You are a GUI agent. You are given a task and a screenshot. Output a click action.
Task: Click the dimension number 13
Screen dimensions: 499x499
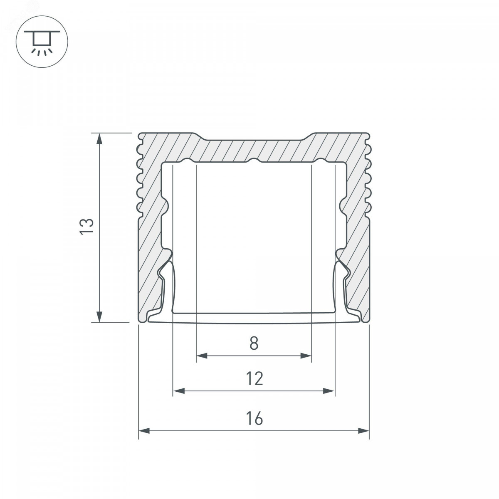tap(86, 227)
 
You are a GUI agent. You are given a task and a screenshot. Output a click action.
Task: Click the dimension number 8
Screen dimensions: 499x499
tap(254, 343)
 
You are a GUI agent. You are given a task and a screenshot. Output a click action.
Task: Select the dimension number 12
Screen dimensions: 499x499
tap(254, 378)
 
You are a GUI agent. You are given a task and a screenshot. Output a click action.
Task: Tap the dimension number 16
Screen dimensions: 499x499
tap(254, 418)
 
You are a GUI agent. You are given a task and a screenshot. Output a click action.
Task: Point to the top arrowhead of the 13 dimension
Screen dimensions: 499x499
tap(99, 139)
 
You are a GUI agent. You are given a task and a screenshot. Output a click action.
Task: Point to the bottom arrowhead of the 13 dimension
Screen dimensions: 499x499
tap(99, 317)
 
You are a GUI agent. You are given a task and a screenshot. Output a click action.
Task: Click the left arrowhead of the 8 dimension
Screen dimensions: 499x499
tap(202, 356)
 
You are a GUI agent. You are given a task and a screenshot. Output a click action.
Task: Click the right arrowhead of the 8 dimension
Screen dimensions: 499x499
tap(306, 356)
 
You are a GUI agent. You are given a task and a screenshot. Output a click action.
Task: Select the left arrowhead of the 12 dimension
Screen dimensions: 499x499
tap(179, 391)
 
